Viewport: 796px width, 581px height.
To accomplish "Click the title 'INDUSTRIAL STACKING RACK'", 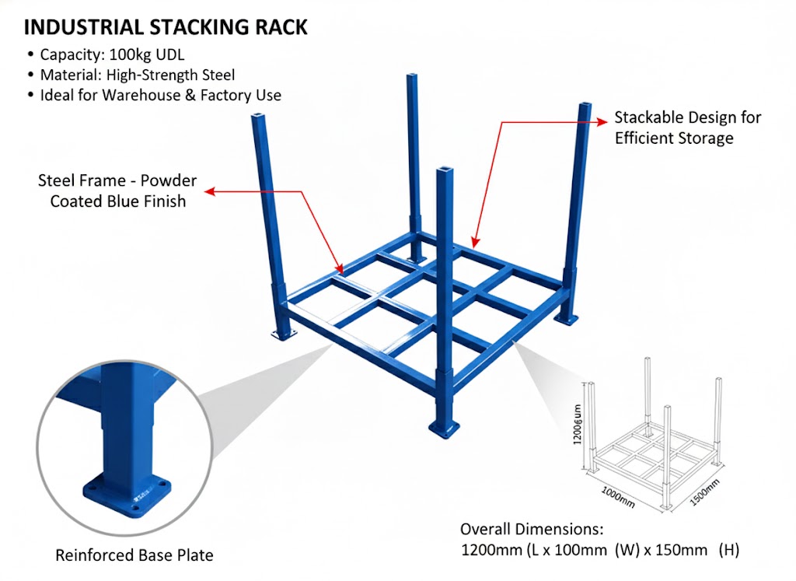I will (x=166, y=27).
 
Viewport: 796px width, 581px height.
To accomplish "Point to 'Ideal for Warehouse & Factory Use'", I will (x=160, y=95).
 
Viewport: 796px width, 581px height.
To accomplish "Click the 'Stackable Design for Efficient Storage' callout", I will (x=687, y=128).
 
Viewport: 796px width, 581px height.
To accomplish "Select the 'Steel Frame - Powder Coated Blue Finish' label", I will (x=117, y=191).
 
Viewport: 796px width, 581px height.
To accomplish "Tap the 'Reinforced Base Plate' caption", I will (x=134, y=555).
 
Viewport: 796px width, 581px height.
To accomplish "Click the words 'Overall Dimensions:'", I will (x=531, y=529).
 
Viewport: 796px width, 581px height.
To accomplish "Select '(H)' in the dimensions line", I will (x=728, y=550).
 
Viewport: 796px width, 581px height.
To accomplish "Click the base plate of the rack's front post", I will (x=444, y=428).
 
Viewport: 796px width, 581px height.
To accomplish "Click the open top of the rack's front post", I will (x=444, y=169).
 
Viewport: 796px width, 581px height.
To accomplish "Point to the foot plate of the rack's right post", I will (x=566, y=319).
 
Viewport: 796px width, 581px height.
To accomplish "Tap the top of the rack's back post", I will (x=412, y=76).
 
